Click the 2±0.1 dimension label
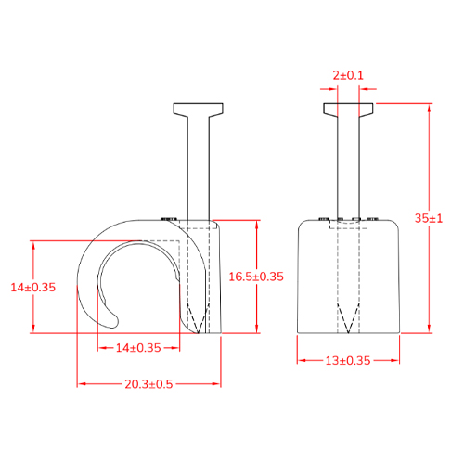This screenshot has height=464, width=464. (348, 75)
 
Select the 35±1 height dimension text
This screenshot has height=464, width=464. (429, 218)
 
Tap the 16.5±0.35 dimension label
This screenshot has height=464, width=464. (256, 277)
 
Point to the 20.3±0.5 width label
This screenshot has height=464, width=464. (148, 384)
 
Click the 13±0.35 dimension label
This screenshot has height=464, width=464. (348, 361)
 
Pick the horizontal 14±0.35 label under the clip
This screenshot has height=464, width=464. (138, 348)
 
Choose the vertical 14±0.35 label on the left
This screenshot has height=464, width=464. (33, 288)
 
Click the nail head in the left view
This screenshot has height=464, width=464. (199, 110)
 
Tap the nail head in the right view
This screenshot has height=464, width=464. (348, 110)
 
